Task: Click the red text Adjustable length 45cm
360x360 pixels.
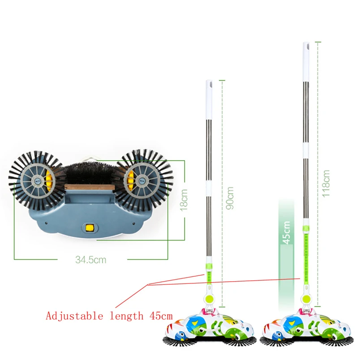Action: click(101, 316)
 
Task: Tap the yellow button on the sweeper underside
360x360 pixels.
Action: click(90, 228)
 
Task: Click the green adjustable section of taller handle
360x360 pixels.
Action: click(306, 255)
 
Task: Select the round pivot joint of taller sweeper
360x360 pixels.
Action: click(306, 298)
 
